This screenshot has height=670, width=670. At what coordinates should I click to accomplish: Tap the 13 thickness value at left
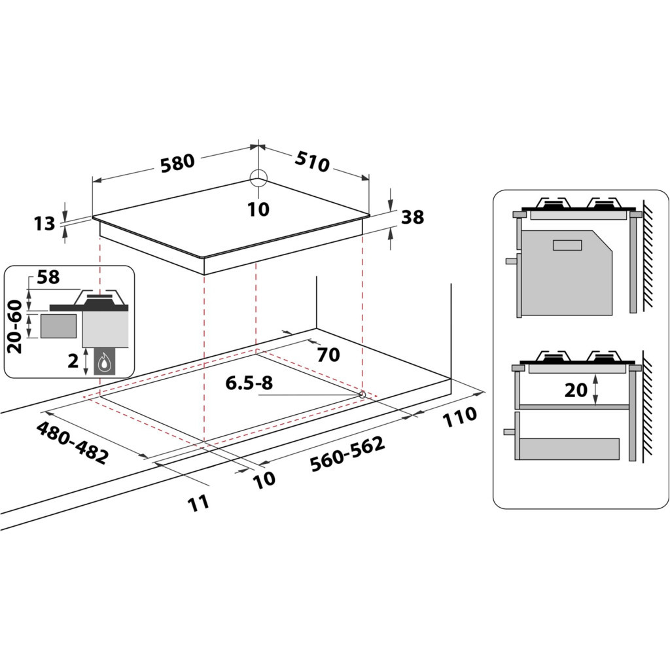pyautogui.click(x=44, y=224)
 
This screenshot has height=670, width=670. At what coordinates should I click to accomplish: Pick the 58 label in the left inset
pyautogui.click(x=48, y=277)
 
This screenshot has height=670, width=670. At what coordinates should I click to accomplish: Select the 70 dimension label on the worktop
pyautogui.click(x=328, y=355)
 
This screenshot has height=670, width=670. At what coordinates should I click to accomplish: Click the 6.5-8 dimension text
pyautogui.click(x=249, y=383)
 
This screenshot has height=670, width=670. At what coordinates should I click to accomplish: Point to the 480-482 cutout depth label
pyautogui.click(x=71, y=443)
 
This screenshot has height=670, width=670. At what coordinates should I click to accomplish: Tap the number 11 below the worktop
pyautogui.click(x=198, y=502)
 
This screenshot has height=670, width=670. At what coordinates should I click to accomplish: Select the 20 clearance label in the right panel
pyautogui.click(x=576, y=390)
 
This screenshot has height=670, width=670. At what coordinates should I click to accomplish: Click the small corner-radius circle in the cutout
pyautogui.click(x=362, y=395)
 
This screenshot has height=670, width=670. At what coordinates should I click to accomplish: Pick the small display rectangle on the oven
pyautogui.click(x=567, y=245)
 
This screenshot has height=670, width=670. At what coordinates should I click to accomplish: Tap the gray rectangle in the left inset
pyautogui.click(x=58, y=325)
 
